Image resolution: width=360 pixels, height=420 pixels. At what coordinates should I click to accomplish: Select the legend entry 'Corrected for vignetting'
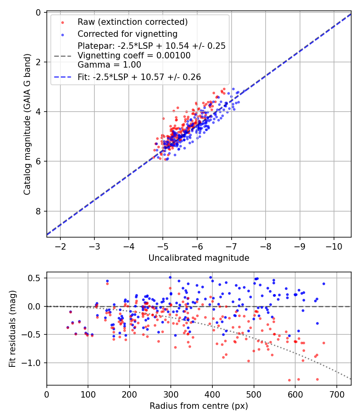pyautogui.click(x=128, y=34)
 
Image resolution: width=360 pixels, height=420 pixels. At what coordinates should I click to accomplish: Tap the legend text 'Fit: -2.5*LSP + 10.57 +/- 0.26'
pyautogui.click(x=139, y=77)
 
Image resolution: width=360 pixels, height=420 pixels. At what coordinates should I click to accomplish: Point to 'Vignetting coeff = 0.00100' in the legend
pyautogui.click(x=134, y=55)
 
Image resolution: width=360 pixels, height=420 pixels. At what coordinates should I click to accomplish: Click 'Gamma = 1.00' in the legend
pyautogui.click(x=110, y=64)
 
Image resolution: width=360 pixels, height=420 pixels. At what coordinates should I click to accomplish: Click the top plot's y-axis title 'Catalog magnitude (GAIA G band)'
pyautogui.click(x=27, y=125)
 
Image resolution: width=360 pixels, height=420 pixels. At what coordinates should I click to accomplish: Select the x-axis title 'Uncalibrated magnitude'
pyautogui.click(x=199, y=258)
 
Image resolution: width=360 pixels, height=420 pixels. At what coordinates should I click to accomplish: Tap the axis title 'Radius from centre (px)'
pyautogui.click(x=199, y=406)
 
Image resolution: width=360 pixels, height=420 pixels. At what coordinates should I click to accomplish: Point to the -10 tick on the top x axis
pyautogui.click(x=334, y=246)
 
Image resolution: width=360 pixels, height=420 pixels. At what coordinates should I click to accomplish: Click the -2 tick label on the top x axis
pyautogui.click(x=60, y=246)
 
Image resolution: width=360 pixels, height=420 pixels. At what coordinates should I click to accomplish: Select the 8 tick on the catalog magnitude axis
pyautogui.click(x=39, y=211)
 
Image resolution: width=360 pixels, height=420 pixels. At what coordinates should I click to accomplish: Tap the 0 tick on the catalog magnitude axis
pyautogui.click(x=39, y=12)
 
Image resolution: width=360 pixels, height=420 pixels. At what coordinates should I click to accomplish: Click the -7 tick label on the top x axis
pyautogui.click(x=231, y=246)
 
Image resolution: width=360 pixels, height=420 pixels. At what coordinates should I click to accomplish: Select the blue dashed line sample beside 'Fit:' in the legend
pyautogui.click(x=65, y=77)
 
